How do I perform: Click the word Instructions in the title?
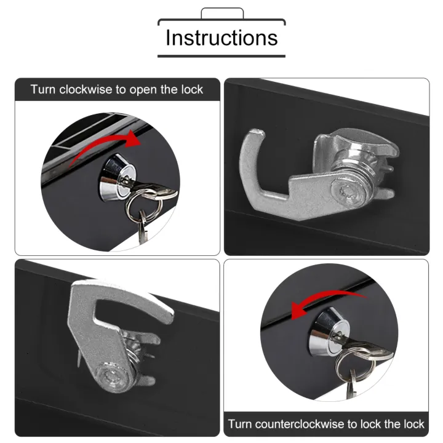tap(221, 38)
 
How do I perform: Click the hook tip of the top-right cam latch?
tap(258, 133)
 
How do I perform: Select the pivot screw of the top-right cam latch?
tap(345, 190)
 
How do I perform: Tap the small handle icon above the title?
tap(222, 13)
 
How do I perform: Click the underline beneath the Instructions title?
tap(221, 56)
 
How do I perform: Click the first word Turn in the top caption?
tap(43, 90)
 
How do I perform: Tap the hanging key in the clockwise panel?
tap(143, 226)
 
